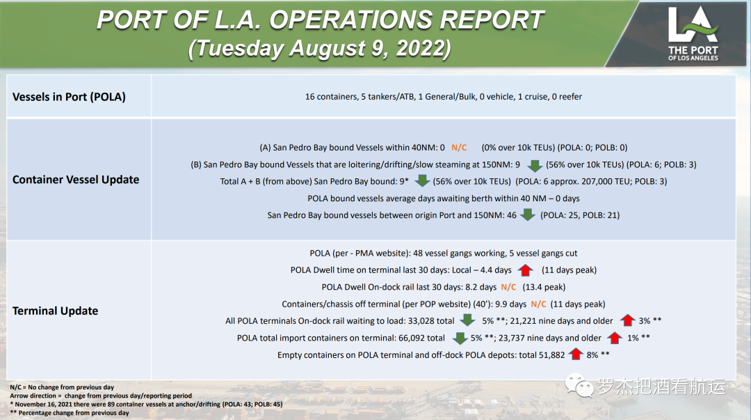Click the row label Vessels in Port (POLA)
pyautogui.click(x=69, y=97)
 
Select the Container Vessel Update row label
pyautogui.click(x=76, y=180)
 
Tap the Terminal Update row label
pyautogui.click(x=55, y=311)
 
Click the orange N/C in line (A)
pyautogui.click(x=459, y=148)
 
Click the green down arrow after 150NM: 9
pyautogui.click(x=534, y=165)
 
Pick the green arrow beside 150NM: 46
pyautogui.click(x=528, y=215)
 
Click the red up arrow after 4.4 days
pyautogui.click(x=525, y=270)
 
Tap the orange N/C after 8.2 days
pyautogui.click(x=508, y=287)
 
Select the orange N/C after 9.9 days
pyautogui.click(x=538, y=304)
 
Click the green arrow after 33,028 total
pyautogui.click(x=467, y=321)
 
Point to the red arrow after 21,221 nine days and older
pyautogui.click(x=627, y=321)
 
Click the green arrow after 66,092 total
pyautogui.click(x=459, y=339)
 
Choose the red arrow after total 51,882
pyautogui.click(x=575, y=355)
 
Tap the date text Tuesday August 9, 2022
pyautogui.click(x=320, y=49)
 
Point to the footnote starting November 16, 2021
pyautogui.click(x=146, y=404)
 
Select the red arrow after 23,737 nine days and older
pyautogui.click(x=615, y=339)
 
